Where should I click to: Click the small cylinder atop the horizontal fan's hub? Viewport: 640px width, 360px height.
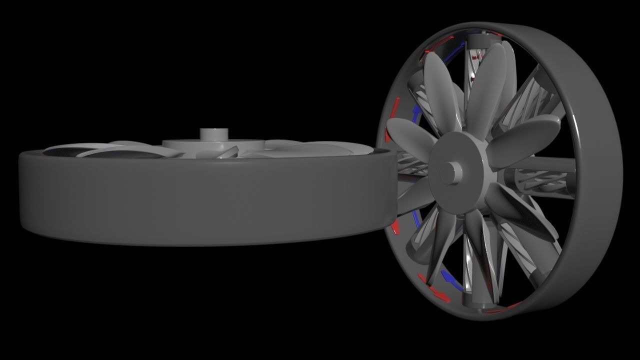214,135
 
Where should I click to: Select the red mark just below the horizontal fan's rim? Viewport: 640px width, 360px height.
396,227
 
